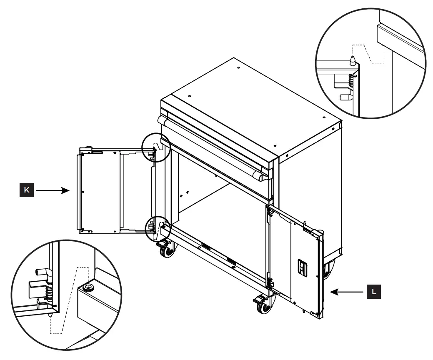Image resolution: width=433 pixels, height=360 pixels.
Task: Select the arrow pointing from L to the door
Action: (x=349, y=292)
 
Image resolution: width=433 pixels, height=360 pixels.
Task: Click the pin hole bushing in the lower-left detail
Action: (x=88, y=287)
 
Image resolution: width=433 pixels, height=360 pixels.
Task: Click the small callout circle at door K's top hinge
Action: (x=156, y=147)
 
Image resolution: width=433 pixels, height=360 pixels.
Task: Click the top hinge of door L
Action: (x=270, y=212)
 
